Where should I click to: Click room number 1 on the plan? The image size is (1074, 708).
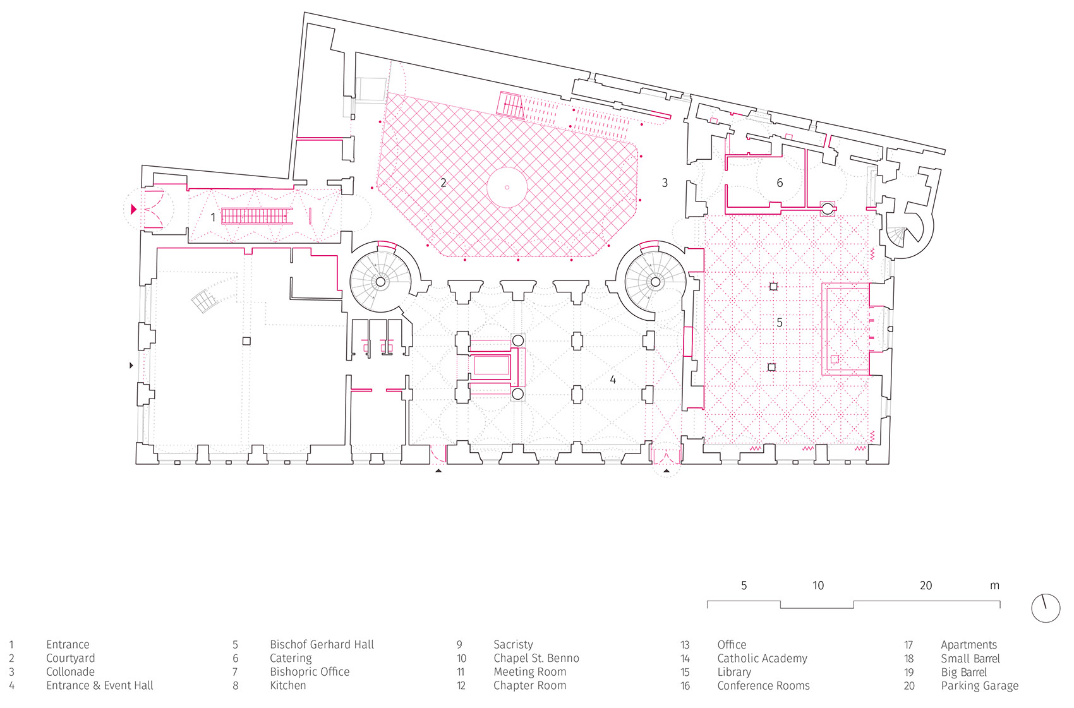coord(213,217)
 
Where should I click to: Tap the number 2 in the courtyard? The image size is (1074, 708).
coord(443,183)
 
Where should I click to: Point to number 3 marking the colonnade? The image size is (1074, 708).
coord(665,183)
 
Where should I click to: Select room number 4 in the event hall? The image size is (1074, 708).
coord(613,380)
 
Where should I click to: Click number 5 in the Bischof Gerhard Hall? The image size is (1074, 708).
coord(780,323)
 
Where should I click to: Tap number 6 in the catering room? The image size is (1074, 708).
coord(780,183)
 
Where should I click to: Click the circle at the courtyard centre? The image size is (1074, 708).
coord(507,188)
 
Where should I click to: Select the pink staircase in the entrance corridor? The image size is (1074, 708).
coord(256,216)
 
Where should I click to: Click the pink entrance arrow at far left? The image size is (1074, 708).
coord(133,209)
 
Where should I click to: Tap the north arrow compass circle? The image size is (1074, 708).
coord(1046,608)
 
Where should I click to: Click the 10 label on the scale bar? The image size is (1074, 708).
coord(818,585)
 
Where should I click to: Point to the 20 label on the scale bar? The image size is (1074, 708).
coord(926,585)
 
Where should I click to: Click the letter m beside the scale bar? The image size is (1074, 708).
coord(994,585)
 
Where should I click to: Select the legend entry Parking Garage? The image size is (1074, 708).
coord(979,686)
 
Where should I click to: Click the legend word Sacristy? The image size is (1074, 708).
coord(513,645)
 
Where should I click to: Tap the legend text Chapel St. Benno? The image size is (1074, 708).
coord(536,658)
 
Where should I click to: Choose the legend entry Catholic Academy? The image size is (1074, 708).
coord(762,658)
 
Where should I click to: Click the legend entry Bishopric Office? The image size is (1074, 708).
coord(310,672)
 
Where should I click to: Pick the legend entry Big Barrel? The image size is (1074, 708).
coord(963,672)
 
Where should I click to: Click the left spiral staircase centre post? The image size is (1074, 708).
coord(380,282)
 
